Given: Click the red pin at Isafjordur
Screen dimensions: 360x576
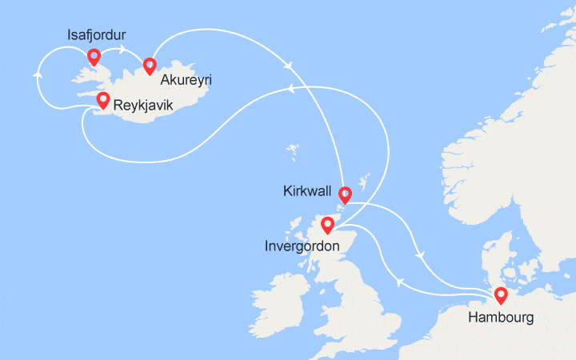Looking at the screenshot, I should [94, 57].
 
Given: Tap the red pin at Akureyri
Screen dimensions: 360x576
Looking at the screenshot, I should [149, 66].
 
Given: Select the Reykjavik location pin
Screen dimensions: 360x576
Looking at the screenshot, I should [102, 100].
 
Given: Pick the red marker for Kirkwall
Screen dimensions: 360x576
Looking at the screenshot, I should [345, 194].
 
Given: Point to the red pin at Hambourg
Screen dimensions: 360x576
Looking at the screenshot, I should [501, 295].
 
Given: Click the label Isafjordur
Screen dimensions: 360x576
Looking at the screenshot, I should [98, 34].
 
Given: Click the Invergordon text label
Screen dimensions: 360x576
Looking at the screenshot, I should [302, 246].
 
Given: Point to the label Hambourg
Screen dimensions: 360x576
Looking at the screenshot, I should [501, 318].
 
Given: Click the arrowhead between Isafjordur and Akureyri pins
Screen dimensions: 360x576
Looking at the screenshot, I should [122, 51].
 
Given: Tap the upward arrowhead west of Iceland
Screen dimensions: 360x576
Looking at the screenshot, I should [37, 74].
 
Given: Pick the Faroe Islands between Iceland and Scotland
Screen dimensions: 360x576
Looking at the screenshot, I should [292, 151].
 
